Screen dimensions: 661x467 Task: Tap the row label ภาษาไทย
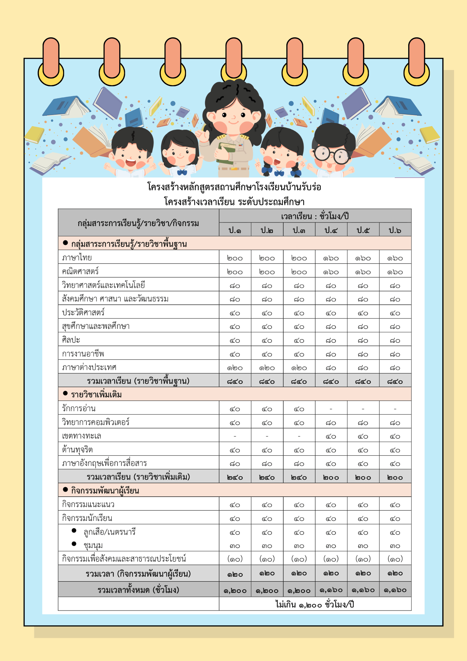click(x=77, y=257)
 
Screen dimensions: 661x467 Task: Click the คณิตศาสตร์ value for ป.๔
click(x=331, y=272)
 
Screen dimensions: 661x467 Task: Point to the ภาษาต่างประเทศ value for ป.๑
click(x=235, y=368)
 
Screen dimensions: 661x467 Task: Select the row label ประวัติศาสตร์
click(x=84, y=312)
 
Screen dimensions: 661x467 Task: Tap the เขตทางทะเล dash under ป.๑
click(x=235, y=436)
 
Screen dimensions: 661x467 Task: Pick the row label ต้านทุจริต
click(x=78, y=450)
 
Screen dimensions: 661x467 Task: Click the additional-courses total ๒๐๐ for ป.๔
click(x=331, y=478)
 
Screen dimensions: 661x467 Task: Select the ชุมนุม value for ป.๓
click(x=299, y=546)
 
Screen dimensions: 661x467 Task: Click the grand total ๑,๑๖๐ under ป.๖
click(x=395, y=590)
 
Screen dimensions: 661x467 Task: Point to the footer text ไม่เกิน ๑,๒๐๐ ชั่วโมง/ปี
click(x=315, y=604)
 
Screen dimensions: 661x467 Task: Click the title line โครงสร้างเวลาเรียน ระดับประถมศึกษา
click(x=234, y=202)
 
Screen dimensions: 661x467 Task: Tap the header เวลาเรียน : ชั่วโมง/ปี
click(x=315, y=216)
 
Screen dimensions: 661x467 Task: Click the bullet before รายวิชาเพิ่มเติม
click(x=65, y=393)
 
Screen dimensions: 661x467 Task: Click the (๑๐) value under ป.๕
click(x=363, y=559)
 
